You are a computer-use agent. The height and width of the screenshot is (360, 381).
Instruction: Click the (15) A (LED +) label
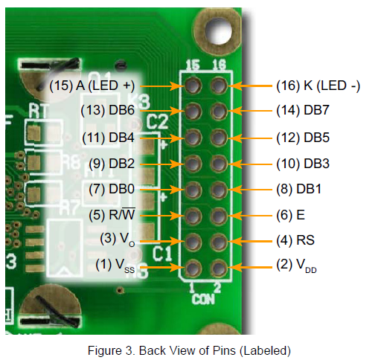(x=92, y=86)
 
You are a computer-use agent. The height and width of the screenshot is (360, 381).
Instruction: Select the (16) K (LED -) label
(x=318, y=86)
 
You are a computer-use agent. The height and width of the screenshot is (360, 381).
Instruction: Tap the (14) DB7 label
(x=303, y=110)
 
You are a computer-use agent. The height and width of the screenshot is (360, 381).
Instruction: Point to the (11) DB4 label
(x=108, y=138)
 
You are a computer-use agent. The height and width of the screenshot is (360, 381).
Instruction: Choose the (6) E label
(x=290, y=215)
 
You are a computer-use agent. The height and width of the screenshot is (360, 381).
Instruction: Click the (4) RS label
(x=295, y=240)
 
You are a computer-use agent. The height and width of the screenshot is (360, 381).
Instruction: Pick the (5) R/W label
(x=112, y=214)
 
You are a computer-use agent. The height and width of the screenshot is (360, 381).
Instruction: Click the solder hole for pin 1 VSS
(x=193, y=269)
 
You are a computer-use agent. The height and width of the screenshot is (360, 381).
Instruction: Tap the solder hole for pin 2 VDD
(x=219, y=269)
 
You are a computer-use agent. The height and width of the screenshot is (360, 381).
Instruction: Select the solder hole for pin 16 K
(x=219, y=86)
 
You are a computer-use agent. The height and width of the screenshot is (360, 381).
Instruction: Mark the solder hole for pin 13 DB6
(x=193, y=111)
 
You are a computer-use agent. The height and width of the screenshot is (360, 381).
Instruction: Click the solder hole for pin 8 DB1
(x=219, y=190)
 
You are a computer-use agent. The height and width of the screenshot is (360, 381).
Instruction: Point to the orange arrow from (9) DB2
(x=162, y=164)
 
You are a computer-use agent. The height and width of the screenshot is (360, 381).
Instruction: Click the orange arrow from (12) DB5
(x=249, y=138)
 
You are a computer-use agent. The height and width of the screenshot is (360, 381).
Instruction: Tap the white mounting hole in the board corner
(x=218, y=32)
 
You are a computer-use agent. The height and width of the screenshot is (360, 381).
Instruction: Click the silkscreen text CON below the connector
(x=203, y=299)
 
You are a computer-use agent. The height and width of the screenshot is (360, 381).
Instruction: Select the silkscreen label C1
(x=162, y=254)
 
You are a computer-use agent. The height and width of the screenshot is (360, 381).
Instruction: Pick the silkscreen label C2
(x=157, y=122)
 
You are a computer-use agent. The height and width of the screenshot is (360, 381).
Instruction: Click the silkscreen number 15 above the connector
(x=193, y=65)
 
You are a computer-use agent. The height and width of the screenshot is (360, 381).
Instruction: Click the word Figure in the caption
(x=105, y=351)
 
